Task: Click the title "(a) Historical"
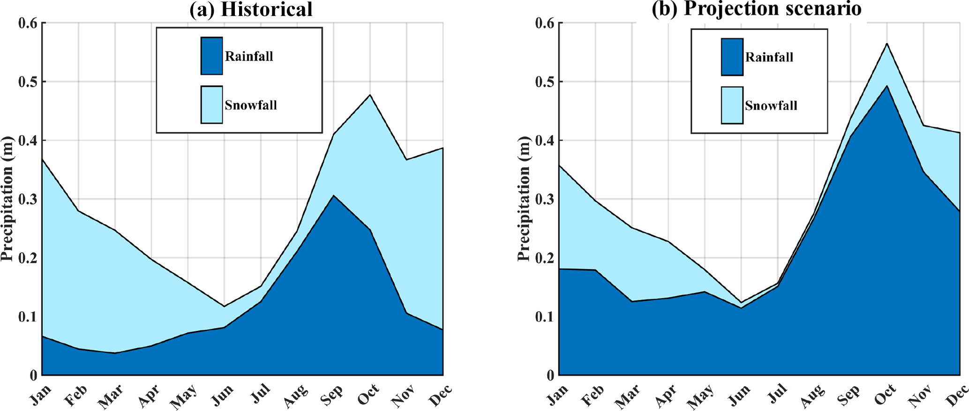click(251, 9)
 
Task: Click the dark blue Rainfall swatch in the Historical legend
click(211, 56)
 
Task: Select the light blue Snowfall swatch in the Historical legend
click(211, 105)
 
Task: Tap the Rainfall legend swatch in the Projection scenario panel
click(732, 57)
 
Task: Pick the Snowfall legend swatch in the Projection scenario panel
click(732, 105)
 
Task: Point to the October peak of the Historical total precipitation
click(370, 95)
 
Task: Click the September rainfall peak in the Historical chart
click(333, 195)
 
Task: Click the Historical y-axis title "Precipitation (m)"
click(8, 199)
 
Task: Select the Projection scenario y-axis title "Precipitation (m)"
click(525, 199)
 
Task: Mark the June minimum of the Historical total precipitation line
click(224, 306)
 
